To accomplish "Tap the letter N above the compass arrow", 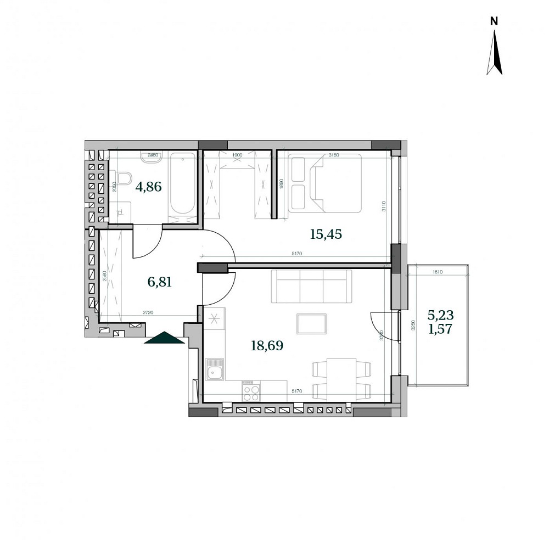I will (494, 21).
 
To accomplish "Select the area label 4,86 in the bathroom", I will (149, 186).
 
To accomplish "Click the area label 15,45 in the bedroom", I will (326, 234).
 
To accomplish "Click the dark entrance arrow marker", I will (164, 338).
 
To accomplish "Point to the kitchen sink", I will (214, 369).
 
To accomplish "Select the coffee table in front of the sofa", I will (311, 323).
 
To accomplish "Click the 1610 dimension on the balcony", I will (438, 271).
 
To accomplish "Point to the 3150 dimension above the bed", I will (334, 155).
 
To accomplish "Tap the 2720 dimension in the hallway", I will (148, 312).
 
